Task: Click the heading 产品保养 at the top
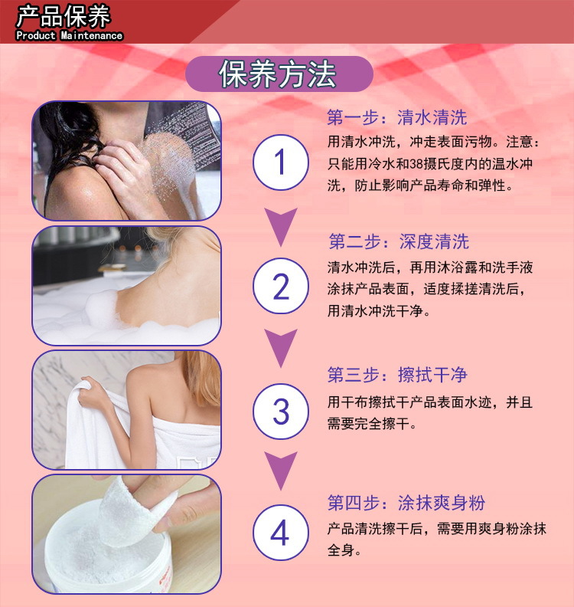pos(64,16)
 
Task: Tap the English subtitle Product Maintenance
pos(69,35)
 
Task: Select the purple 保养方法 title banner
pos(279,74)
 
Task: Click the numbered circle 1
pos(280,162)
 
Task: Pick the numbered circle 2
pos(280,287)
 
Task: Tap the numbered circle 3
pos(280,412)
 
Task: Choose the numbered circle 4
pos(280,533)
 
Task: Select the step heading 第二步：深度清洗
pos(398,242)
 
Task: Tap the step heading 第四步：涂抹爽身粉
pos(406,504)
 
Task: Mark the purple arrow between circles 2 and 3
pos(280,349)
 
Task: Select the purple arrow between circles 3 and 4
pos(280,471)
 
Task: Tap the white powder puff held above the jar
pos(145,510)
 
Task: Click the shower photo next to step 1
pos(126,160)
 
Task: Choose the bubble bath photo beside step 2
pos(126,285)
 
